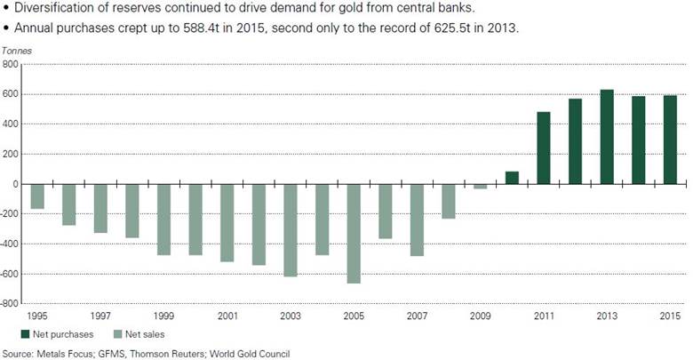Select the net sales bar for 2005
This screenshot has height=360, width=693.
(x=354, y=234)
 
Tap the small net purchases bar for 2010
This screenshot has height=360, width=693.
(x=512, y=178)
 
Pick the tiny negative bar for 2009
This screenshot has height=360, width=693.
(x=480, y=187)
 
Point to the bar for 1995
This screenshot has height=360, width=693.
(x=37, y=196)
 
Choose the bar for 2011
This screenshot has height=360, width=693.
(x=544, y=148)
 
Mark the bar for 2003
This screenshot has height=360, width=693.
(x=291, y=230)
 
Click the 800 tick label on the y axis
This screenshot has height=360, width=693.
(x=12, y=65)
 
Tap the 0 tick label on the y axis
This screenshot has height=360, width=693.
(x=16, y=184)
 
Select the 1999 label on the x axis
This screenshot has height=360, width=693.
(x=163, y=316)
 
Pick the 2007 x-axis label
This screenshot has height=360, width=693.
(x=417, y=316)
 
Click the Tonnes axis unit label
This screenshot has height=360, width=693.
(x=16, y=52)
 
